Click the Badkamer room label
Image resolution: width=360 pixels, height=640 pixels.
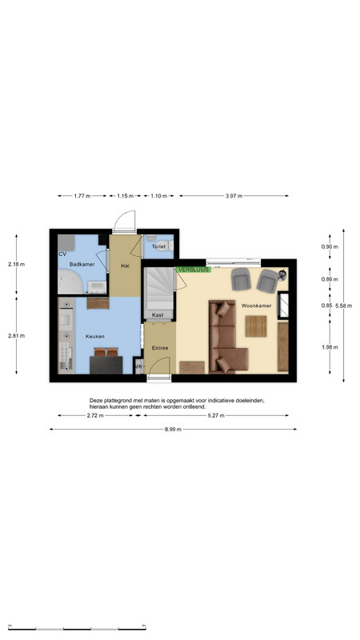pos(82,264)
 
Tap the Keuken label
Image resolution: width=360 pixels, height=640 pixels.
pos(94,336)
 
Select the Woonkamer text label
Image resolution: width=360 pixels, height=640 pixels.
pos(256,306)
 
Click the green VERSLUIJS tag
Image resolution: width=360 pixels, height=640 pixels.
pos(194,270)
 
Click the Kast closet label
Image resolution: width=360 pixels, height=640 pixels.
pos(158,315)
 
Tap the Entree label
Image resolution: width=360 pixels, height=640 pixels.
pos(160,348)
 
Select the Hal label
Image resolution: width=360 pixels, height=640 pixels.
pos(126,266)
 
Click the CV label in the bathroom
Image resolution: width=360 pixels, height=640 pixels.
pos(62,254)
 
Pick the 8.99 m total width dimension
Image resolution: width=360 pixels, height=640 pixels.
pos(173,430)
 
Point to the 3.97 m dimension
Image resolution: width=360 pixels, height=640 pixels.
pos(234,196)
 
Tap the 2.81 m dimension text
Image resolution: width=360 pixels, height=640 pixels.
pos(16,336)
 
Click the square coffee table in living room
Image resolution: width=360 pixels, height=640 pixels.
pos(256,326)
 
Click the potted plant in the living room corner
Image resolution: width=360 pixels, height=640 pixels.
pos(282,275)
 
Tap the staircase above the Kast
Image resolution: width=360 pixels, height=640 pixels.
pos(159,289)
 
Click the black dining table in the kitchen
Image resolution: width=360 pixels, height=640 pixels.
pos(106,365)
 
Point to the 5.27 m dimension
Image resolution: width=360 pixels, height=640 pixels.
pos(216,415)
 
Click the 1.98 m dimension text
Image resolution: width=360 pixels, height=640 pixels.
pos(330,347)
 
